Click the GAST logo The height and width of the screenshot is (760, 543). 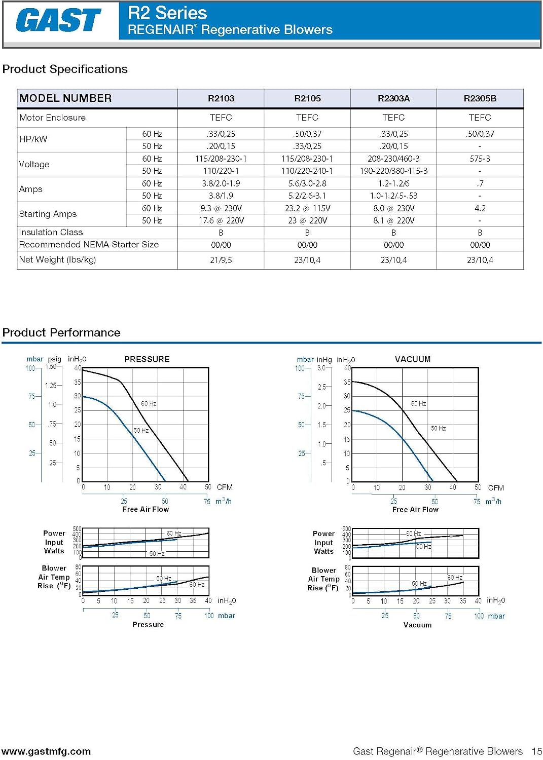(x=58, y=20)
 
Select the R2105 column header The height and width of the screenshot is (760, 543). (x=307, y=98)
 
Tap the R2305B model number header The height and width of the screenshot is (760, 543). (x=480, y=98)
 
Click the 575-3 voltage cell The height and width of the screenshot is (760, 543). (x=480, y=159)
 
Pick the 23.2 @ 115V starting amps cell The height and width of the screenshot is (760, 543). (x=307, y=208)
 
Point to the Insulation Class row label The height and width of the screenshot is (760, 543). (x=51, y=232)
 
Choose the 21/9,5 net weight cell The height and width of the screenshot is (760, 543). (x=221, y=260)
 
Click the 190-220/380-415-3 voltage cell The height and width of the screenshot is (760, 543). (x=393, y=171)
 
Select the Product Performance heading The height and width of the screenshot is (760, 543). (x=61, y=332)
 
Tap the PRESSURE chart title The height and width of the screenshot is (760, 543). (x=147, y=359)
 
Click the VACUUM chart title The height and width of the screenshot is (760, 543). (x=413, y=359)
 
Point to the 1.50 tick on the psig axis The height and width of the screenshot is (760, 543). (x=51, y=366)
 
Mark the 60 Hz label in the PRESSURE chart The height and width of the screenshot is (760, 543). (x=149, y=403)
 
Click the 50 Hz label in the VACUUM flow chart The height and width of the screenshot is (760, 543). (x=439, y=428)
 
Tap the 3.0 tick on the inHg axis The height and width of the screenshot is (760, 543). (x=321, y=368)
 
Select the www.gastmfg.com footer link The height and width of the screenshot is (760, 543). (x=47, y=751)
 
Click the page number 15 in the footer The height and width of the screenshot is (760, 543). (x=537, y=751)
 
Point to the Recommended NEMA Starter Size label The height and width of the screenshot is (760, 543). (x=89, y=244)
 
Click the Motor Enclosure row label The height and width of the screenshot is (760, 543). (x=52, y=118)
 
